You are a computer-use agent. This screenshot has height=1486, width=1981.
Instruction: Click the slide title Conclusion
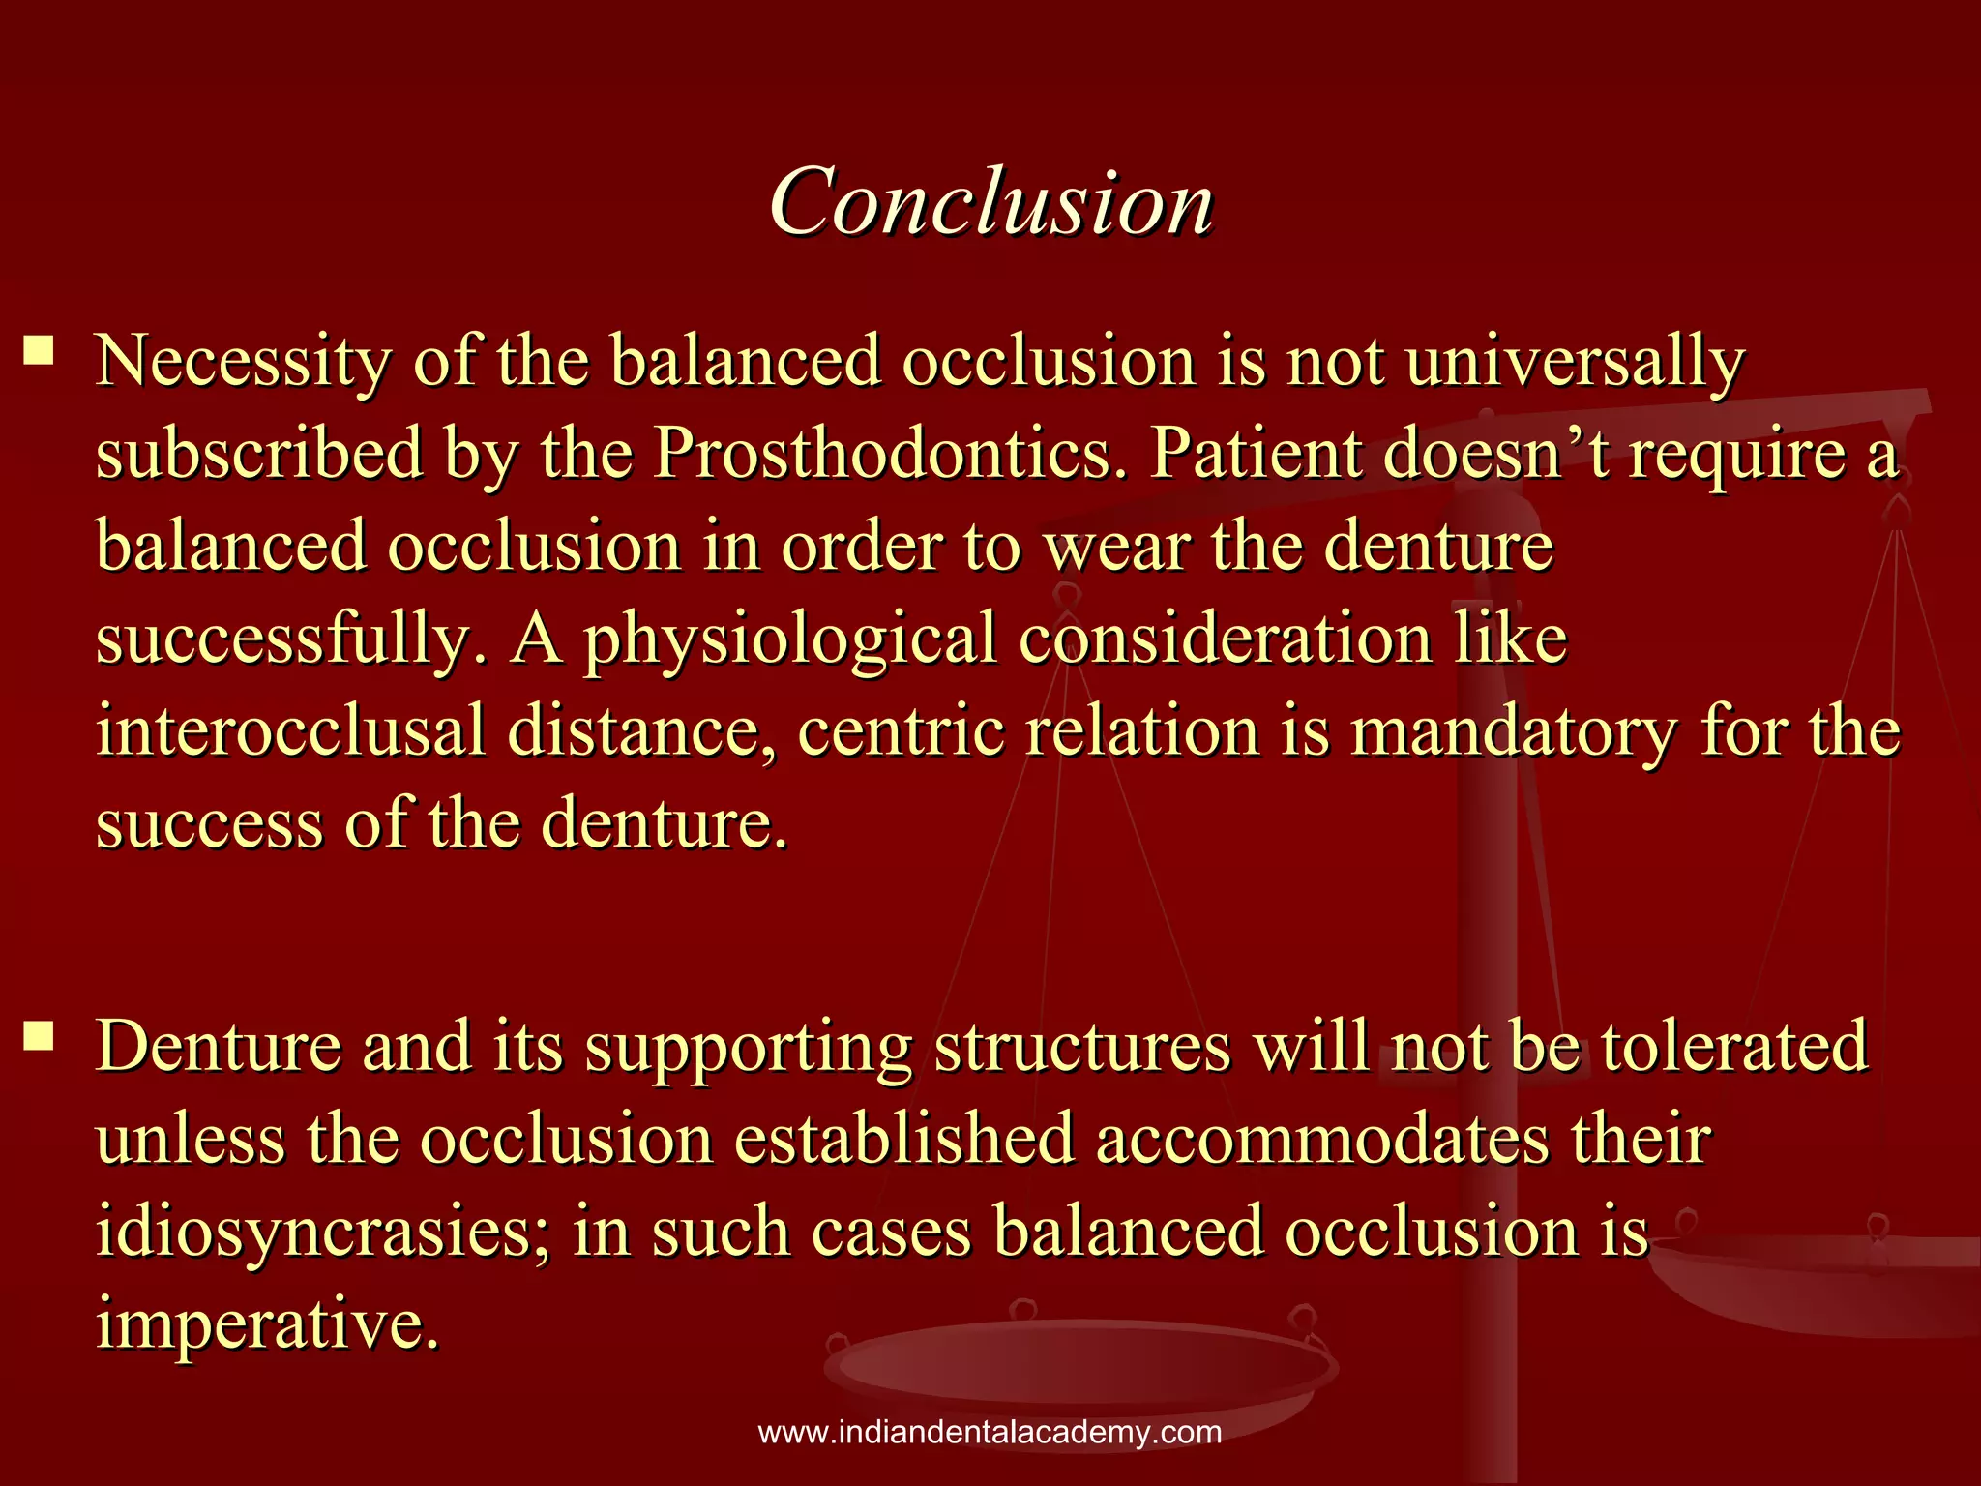990,201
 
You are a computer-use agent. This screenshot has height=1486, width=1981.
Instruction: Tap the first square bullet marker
40,349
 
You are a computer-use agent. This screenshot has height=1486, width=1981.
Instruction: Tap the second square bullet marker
40,1038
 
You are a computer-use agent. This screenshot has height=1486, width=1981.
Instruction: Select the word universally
1574,362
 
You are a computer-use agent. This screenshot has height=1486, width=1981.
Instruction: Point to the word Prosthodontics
890,454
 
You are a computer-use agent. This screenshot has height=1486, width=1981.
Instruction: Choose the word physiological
789,640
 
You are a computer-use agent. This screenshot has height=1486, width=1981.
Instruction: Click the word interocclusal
290,731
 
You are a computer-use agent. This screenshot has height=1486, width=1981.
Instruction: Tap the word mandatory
1514,731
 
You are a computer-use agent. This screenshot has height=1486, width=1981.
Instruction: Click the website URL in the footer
990,1433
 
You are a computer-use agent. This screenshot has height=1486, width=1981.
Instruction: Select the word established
904,1141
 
